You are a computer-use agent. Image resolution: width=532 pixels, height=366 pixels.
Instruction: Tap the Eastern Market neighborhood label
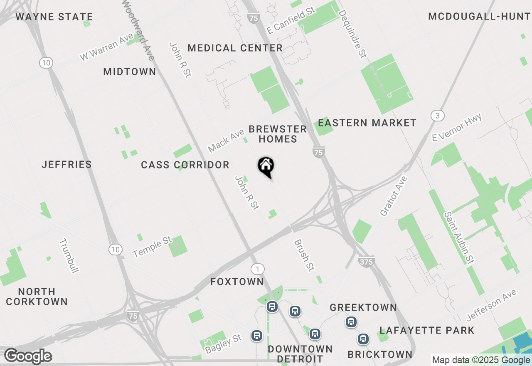pos(367,123)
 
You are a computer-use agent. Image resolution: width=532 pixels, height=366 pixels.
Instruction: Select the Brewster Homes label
pos(278,134)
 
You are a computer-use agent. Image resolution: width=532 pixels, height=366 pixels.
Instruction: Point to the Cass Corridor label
pos(185,165)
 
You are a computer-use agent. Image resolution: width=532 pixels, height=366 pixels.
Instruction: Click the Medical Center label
pos(235,48)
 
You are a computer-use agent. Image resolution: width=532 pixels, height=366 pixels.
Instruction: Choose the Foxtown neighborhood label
pos(237,282)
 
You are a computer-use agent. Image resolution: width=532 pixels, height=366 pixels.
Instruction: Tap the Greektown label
pos(363,308)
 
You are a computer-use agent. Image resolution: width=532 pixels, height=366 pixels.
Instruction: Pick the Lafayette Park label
pos(427,331)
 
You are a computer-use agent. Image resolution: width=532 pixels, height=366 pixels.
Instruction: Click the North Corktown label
pos(37,297)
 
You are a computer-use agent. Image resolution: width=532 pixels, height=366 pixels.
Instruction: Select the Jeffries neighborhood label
pos(67,165)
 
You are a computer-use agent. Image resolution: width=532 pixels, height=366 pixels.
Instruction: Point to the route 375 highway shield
pos(366,261)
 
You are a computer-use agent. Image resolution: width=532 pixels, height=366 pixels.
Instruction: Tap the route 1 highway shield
pos(258,269)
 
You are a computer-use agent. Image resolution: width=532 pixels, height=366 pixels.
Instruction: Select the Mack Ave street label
pos(226,141)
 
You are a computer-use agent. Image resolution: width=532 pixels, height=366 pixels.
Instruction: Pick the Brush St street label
pos(303,255)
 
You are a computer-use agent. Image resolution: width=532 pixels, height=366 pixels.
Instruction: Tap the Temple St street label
pos(152,247)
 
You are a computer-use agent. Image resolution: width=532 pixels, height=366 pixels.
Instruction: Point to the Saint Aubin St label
pos(459,237)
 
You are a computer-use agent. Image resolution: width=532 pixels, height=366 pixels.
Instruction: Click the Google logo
pos(28,356)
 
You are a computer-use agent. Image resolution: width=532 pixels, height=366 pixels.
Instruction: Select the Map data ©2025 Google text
pos(480,360)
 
